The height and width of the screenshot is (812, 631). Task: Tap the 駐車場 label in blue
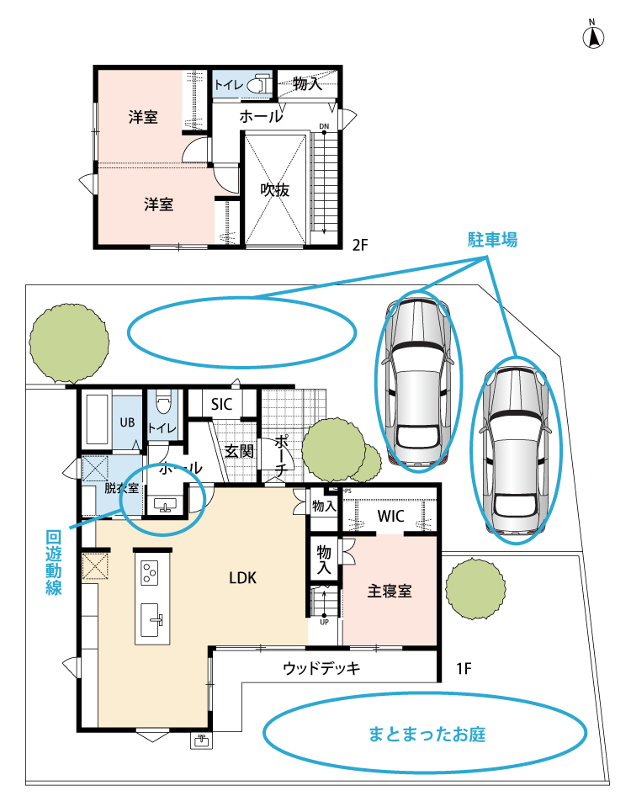pyautogui.click(x=492, y=240)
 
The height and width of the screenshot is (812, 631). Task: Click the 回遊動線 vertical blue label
pyautogui.click(x=54, y=563)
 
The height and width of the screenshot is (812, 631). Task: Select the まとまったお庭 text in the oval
pyautogui.click(x=427, y=734)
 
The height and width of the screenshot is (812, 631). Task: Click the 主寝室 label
pyautogui.click(x=390, y=590)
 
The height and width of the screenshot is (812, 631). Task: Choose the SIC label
pyautogui.click(x=221, y=405)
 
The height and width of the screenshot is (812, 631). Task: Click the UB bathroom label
pyautogui.click(x=127, y=422)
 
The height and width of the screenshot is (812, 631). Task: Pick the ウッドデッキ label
pyautogui.click(x=321, y=669)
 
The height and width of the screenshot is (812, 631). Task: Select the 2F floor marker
pyautogui.click(x=360, y=245)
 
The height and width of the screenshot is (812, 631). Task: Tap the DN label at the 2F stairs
pyautogui.click(x=324, y=128)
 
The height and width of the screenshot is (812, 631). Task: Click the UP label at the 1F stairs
pyautogui.click(x=324, y=623)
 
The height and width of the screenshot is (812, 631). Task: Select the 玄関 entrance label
pyautogui.click(x=239, y=450)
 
